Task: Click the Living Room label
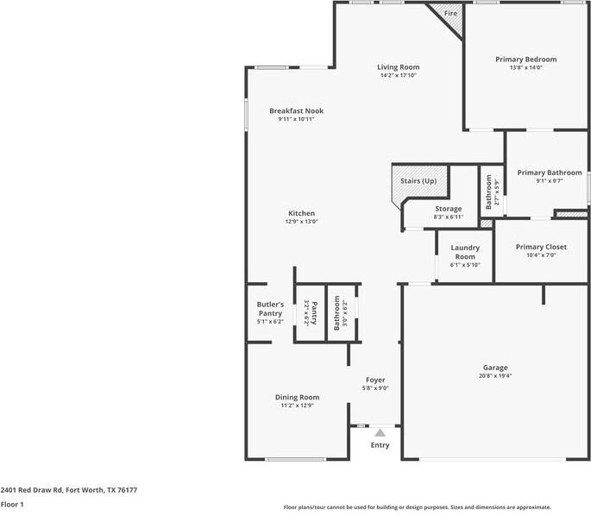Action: pos(398,66)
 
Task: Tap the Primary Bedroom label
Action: pos(525,60)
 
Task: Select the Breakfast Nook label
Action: pos(296,110)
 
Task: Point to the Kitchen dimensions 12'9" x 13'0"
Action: pos(301,222)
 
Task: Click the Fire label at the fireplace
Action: pos(450,14)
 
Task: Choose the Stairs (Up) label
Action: pos(418,181)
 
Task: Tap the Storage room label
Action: pos(448,208)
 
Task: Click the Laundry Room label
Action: pos(465,252)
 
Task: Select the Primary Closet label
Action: pos(541,247)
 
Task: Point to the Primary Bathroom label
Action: pos(550,173)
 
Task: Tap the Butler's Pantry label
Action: pos(270,309)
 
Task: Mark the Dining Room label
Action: pos(298,397)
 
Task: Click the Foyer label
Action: pos(375,380)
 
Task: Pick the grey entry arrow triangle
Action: pos(380,431)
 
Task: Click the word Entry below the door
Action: pos(380,445)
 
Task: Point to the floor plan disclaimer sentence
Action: pos(417,507)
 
